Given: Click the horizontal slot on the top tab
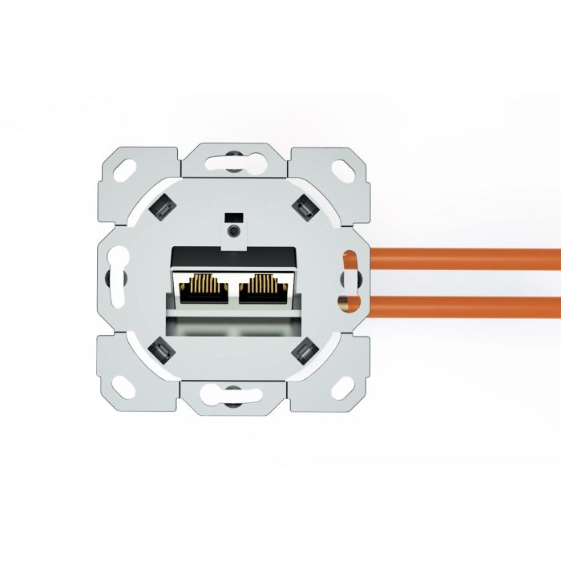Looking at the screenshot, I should coord(232,161).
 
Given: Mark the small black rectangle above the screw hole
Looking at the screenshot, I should coord(233,217).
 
